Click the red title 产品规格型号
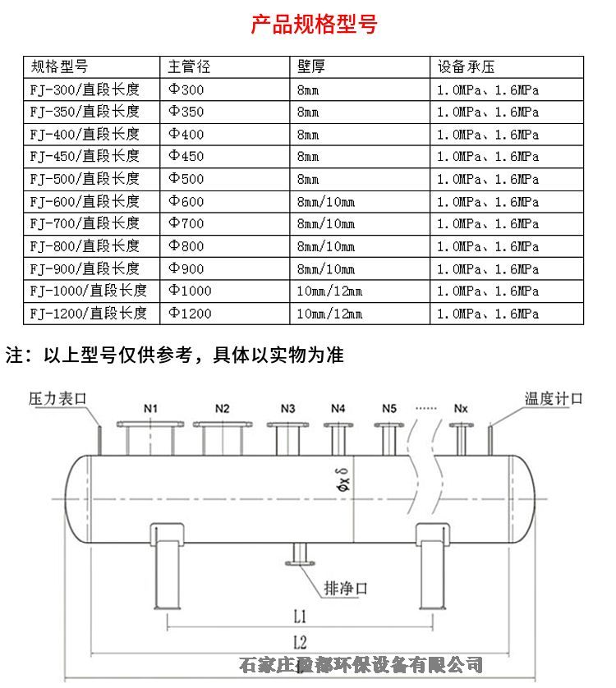click(314, 25)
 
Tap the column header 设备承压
click(466, 67)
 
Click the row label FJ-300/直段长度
click(85, 89)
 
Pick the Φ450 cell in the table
click(186, 156)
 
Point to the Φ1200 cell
click(191, 313)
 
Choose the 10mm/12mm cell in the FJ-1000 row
click(329, 291)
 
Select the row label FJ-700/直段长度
click(85, 223)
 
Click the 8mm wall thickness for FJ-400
click(308, 134)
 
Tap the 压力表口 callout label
click(57, 398)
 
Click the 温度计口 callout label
click(554, 398)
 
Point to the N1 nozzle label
click(151, 408)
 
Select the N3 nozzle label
click(287, 408)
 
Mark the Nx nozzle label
click(462, 408)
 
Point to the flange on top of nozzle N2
click(223, 424)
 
